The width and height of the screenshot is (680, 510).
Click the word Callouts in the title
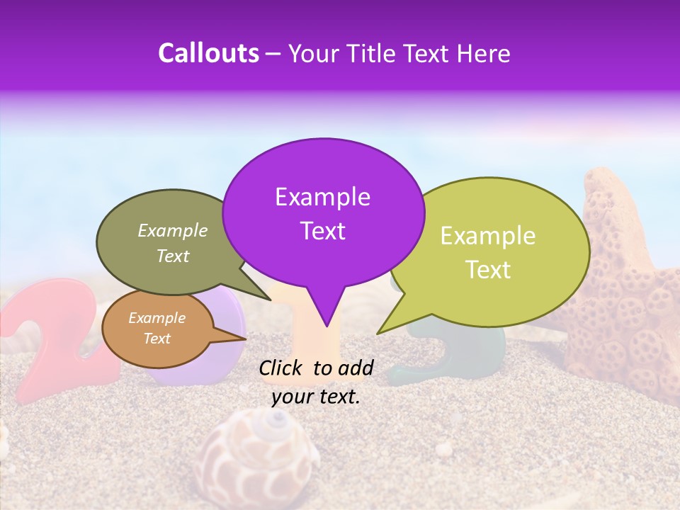(208, 53)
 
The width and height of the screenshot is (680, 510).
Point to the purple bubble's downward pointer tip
(327, 327)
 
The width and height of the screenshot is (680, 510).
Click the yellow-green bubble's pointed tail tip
(377, 334)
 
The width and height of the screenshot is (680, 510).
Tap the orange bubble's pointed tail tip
(246, 339)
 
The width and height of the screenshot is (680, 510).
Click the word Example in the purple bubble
(322, 197)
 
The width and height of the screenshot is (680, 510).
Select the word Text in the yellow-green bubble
(488, 270)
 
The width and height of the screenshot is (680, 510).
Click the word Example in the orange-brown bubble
(157, 318)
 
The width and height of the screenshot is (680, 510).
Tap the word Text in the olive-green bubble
(172, 256)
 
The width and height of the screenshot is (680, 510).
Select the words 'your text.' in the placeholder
(315, 397)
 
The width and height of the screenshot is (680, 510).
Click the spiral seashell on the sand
(259, 453)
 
